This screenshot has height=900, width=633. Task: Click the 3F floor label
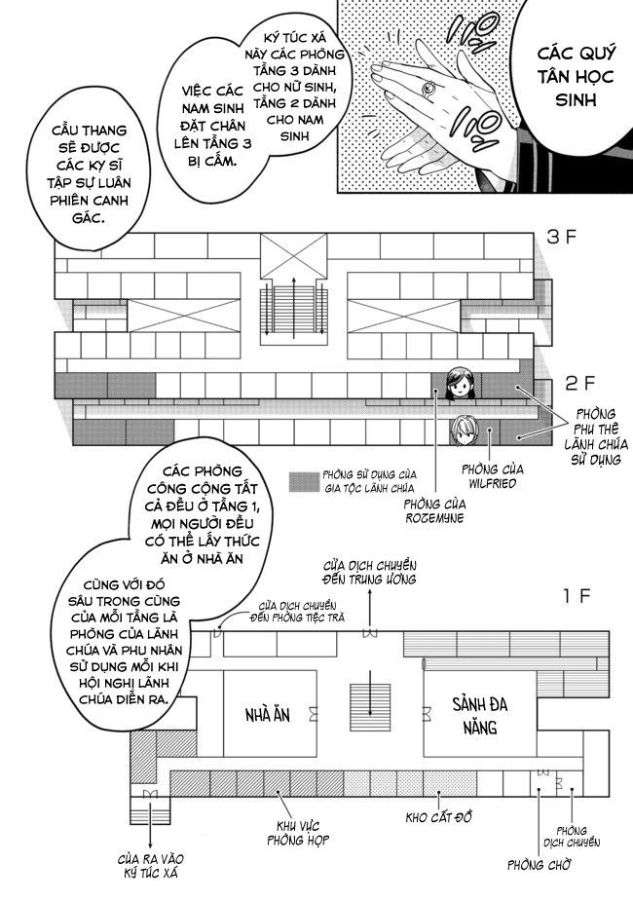pos(569,236)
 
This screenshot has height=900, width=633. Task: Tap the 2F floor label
pos(569,383)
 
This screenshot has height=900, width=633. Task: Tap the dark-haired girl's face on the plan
pos(459,384)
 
